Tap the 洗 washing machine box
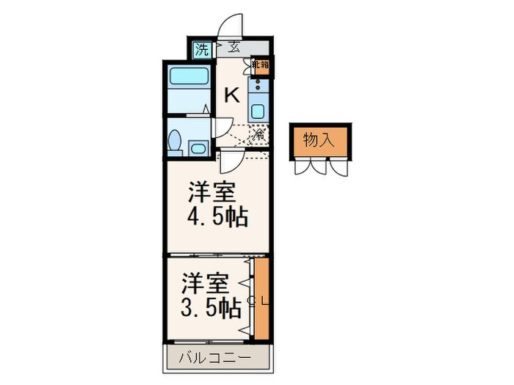pos(201,50)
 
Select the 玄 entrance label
pos(234,48)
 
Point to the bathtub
pos(189,78)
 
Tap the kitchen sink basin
pos(258,112)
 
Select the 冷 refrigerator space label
pos(258,134)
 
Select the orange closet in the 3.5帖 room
pos(261,298)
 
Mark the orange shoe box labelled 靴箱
pos(261,65)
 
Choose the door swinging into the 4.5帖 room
pos(230,159)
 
